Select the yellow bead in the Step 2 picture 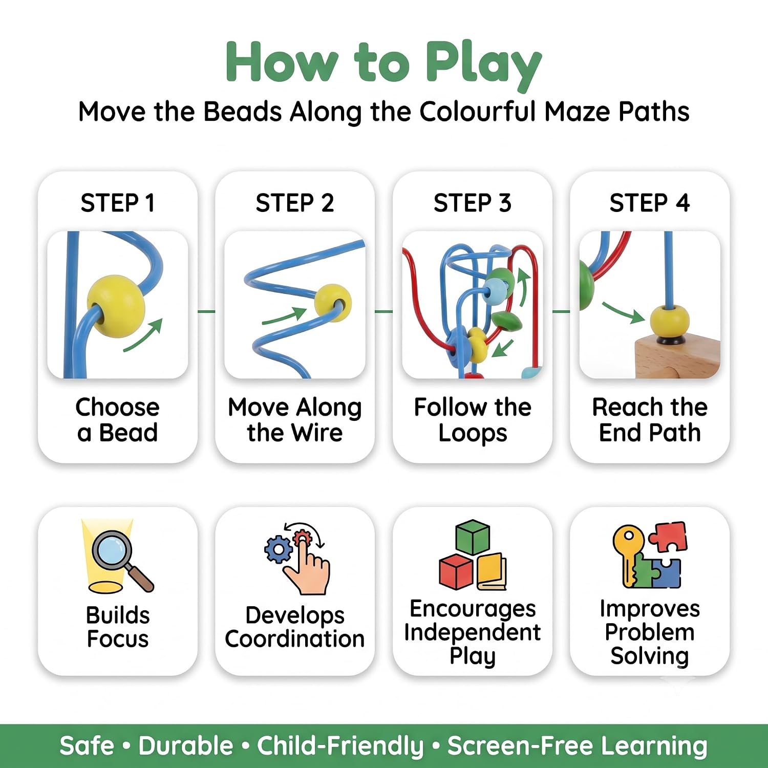click(333, 303)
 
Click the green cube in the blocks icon click(473, 537)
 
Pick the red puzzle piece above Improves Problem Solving click(668, 536)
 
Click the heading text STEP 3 click(473, 203)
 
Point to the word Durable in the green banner click(186, 745)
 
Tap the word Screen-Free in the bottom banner click(520, 745)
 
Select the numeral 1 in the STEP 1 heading click(150, 203)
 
